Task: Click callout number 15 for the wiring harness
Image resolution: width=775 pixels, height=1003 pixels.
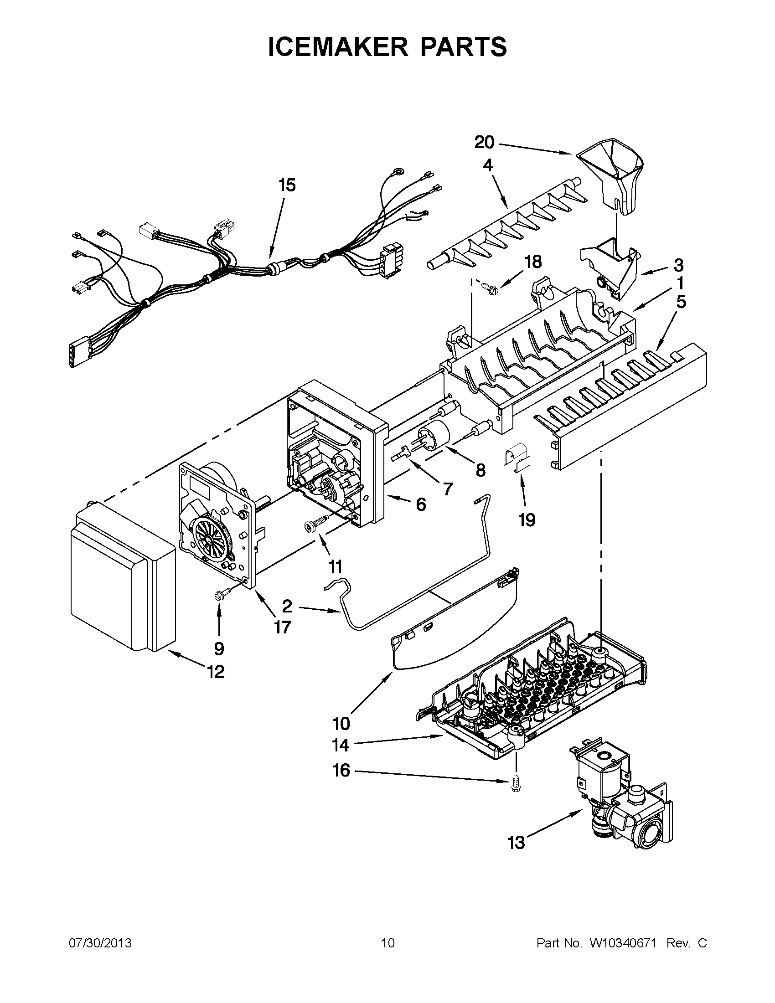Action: point(287,185)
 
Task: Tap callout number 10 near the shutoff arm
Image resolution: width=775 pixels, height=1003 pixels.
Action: point(341,724)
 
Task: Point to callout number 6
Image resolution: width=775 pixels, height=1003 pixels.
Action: point(420,505)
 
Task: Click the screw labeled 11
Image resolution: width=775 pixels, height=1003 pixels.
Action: point(316,523)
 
